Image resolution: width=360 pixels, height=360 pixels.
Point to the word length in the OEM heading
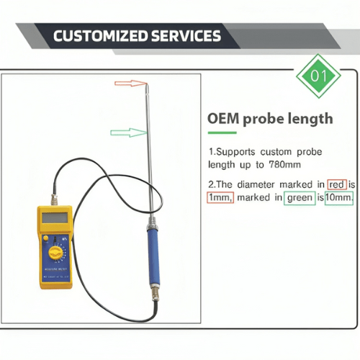[309, 118]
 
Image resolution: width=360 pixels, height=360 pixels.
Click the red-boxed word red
[336, 184]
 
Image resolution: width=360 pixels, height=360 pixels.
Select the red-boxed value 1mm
[220, 197]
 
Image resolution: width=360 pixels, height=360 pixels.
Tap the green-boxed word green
[298, 197]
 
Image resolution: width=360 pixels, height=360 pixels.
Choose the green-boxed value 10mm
[338, 197]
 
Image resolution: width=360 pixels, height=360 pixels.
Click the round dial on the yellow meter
[55, 252]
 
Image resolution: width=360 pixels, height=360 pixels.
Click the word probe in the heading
[266, 118]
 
